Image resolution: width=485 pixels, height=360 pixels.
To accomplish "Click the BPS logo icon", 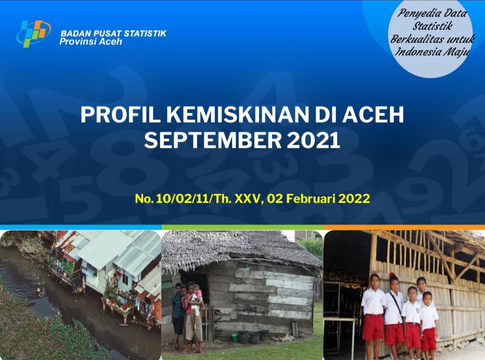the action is [33, 33].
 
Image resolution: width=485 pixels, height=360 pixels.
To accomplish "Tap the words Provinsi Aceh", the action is [91, 42].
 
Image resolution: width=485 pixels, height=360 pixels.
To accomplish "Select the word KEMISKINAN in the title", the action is [238, 115].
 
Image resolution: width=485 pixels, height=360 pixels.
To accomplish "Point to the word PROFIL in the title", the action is [121, 115].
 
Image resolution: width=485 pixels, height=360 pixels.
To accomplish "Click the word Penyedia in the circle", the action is [416, 13].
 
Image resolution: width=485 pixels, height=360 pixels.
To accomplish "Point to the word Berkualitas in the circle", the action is [414, 39].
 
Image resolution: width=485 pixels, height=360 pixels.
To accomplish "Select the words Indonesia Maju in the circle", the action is [432, 51].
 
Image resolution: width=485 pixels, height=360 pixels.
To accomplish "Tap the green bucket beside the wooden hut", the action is [235, 337].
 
